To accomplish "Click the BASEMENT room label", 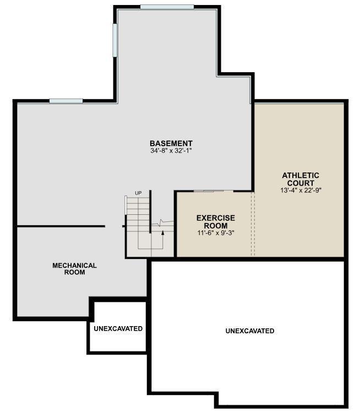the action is tap(171, 143).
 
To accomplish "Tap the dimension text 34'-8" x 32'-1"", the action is tap(171, 150).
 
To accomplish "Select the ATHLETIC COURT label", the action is tap(301, 179).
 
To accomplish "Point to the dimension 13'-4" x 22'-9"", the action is tap(301, 191).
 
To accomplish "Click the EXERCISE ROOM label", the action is tap(216, 222).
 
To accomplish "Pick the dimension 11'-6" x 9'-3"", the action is tap(216, 233).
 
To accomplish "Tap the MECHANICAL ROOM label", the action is tap(75, 269).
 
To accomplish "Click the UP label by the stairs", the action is tap(138, 193).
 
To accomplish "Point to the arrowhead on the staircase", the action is tap(162, 232).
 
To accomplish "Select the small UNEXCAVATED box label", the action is tap(118, 328).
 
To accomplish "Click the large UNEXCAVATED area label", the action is tap(250, 331).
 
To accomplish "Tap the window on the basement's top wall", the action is tap(167, 7).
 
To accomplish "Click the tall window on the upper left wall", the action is tap(115, 40).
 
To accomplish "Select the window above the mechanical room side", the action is tap(66, 101).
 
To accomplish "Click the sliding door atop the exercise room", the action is tap(214, 191).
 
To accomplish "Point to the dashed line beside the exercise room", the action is tap(253, 224).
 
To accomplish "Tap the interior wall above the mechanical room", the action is tap(61, 226).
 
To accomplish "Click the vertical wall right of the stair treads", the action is tap(150, 212).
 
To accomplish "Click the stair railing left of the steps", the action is tap(126, 205).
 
